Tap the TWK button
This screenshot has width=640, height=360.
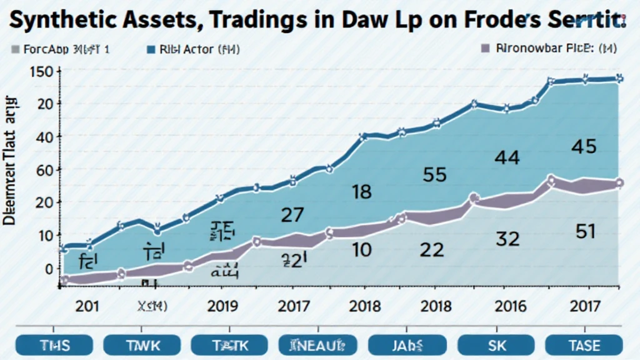143,344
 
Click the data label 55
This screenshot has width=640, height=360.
434,174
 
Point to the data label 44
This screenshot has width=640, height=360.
506,157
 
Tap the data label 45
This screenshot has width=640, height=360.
584,147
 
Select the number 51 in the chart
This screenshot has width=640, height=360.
584,232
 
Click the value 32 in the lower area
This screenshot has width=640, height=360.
508,238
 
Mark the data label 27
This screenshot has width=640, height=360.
292,216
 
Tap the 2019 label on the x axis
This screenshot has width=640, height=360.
223,306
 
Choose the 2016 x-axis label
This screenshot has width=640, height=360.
510,306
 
